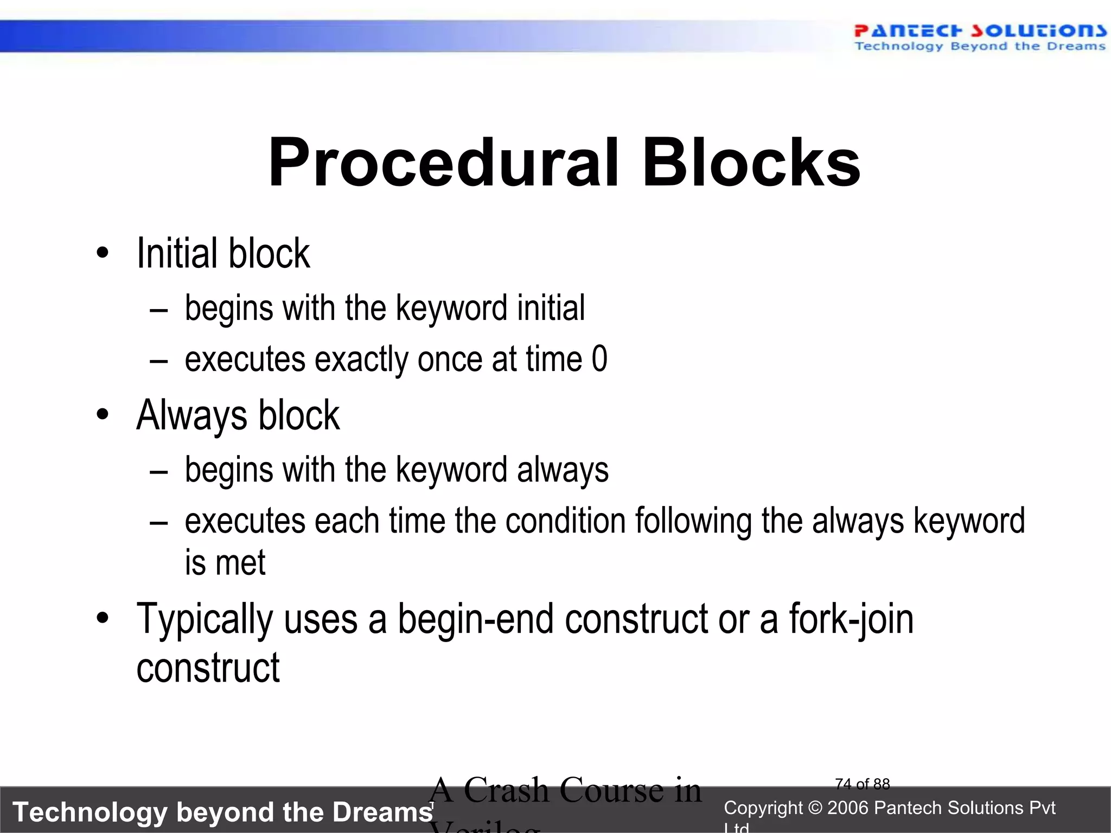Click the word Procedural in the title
(x=443, y=163)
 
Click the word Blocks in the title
(x=751, y=163)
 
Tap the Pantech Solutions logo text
(x=979, y=31)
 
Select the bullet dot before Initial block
(x=103, y=253)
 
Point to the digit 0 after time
(x=599, y=359)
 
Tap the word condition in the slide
(x=565, y=521)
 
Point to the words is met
(x=225, y=562)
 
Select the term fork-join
(x=851, y=620)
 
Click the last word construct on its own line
(x=208, y=668)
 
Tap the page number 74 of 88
(x=862, y=784)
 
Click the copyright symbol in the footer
(x=815, y=808)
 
